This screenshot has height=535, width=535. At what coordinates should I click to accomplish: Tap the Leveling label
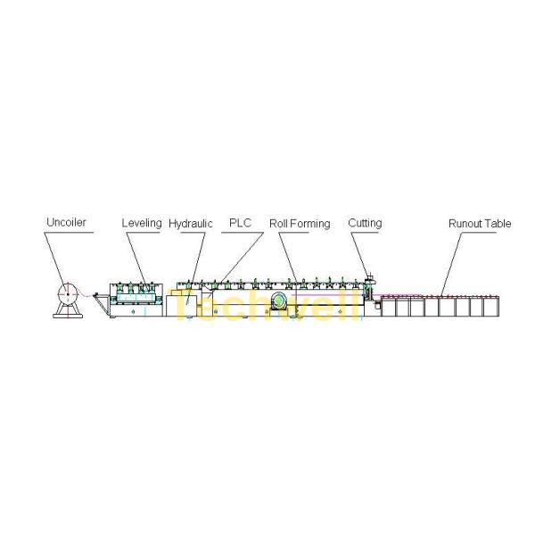point(141,223)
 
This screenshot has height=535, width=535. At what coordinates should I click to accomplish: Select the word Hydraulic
point(190,223)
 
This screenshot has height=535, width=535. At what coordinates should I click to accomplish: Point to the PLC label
point(240,223)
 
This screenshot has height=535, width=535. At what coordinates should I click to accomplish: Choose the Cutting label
point(365,223)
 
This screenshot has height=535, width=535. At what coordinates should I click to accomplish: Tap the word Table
point(498,223)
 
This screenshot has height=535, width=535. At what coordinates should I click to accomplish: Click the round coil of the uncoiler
point(66,292)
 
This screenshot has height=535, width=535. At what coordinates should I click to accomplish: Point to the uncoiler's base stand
point(66,309)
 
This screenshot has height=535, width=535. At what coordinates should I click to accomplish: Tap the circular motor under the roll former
point(282,301)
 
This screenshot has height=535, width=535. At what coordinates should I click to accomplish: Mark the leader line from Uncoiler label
point(57,259)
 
